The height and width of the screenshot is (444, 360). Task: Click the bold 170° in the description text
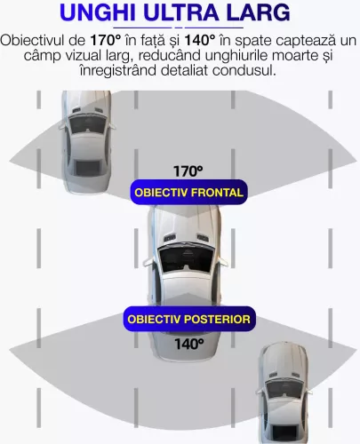click(x=105, y=41)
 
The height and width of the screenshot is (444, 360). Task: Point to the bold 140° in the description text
click(x=200, y=41)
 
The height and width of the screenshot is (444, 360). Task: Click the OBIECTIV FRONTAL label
click(x=188, y=193)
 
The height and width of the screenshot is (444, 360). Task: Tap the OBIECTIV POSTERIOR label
click(x=189, y=319)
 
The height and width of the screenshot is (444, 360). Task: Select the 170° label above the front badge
click(x=188, y=171)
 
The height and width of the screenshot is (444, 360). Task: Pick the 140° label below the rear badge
click(x=189, y=344)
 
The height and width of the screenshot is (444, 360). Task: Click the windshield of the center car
click(x=186, y=258)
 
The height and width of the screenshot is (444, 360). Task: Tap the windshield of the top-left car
click(x=87, y=123)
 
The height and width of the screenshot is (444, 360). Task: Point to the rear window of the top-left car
click(x=88, y=168)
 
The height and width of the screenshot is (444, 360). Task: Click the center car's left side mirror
click(x=148, y=262)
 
